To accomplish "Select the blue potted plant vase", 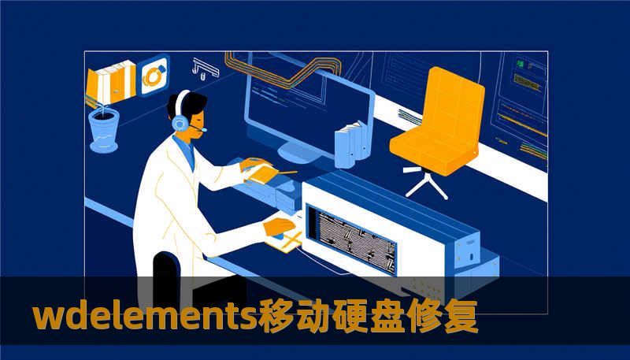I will click(103, 129).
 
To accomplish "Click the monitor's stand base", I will click(297, 152).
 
